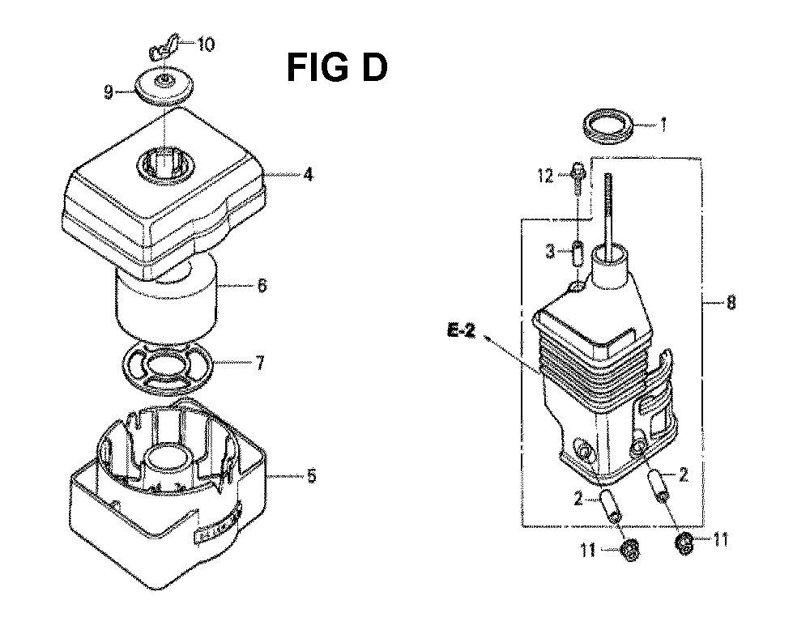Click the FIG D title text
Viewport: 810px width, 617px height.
coord(337,68)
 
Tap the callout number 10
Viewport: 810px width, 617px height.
coord(206,45)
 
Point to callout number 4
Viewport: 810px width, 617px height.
coord(308,175)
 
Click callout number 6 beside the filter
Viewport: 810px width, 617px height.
coord(262,284)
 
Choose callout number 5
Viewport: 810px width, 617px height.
coord(311,475)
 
